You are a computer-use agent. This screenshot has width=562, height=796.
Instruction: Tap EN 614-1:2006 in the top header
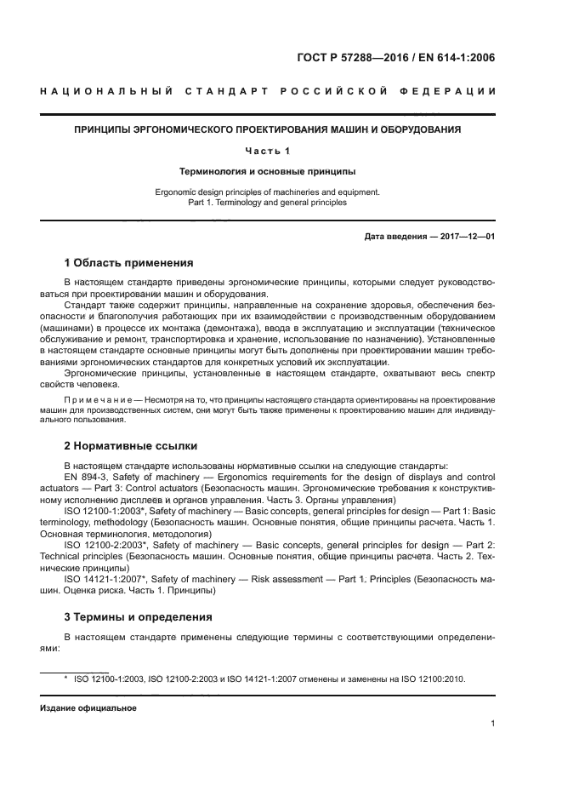pos(459,58)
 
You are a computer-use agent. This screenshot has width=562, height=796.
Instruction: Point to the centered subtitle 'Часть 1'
pos(268,151)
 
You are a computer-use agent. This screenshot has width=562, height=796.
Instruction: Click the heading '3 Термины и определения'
pos(138,616)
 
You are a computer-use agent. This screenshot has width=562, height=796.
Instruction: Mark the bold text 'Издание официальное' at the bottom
pos(88,707)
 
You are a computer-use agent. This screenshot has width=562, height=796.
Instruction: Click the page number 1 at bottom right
pos(492,724)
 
